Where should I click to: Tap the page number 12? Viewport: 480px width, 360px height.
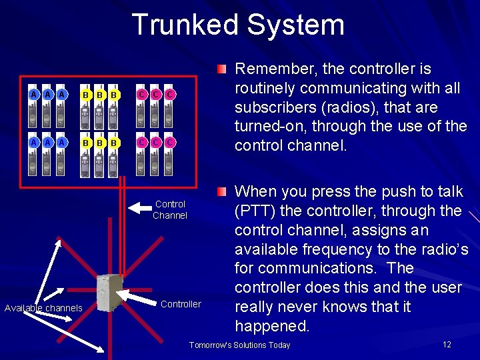tap(447, 344)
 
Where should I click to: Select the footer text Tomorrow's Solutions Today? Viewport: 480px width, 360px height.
tap(240, 345)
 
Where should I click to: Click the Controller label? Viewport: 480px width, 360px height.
tap(181, 304)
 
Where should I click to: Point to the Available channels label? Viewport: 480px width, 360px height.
tap(43, 308)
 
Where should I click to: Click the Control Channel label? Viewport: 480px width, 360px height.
tap(170, 209)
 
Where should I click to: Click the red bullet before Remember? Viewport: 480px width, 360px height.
tap(222, 68)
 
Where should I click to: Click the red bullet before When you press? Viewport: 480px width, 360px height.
tap(222, 192)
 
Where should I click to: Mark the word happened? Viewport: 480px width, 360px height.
tap(272, 326)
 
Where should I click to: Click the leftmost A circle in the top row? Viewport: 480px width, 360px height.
tap(33, 95)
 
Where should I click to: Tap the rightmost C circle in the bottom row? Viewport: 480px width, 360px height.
tap(170, 142)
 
